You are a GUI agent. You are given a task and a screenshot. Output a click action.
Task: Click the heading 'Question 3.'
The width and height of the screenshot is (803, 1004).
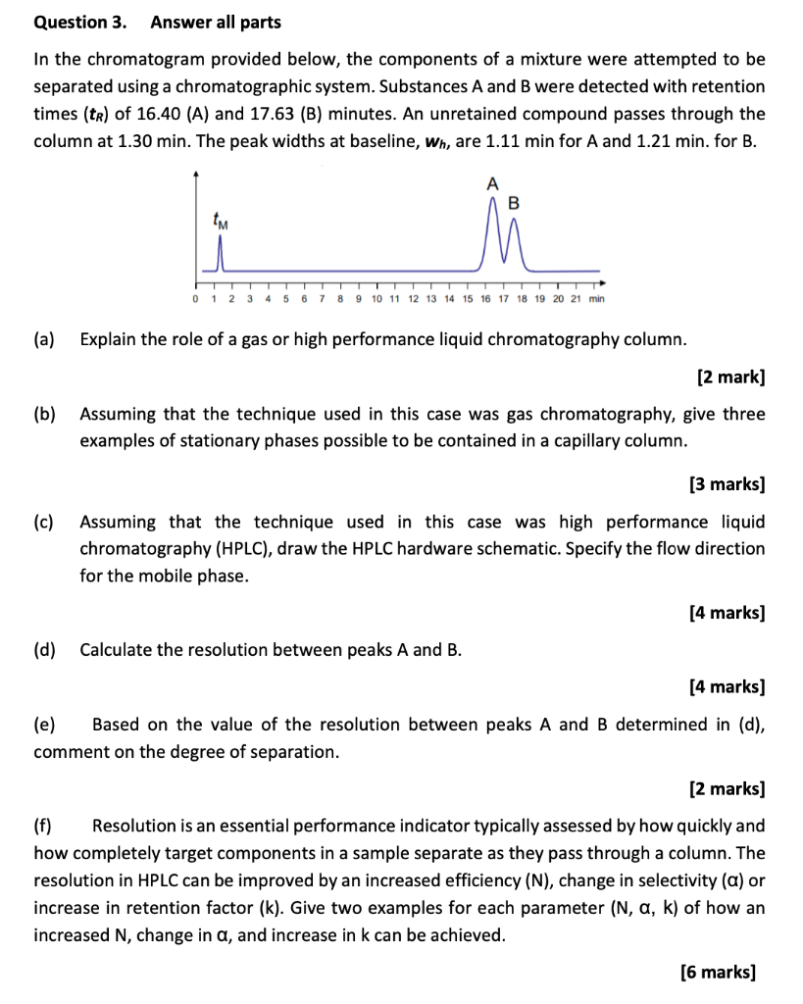tap(72, 22)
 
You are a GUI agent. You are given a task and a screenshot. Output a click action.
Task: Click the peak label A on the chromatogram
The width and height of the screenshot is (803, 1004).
tap(492, 183)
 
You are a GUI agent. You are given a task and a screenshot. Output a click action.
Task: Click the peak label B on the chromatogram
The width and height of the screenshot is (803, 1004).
tap(515, 204)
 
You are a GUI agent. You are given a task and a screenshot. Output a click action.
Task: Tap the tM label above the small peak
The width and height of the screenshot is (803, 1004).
tap(223, 223)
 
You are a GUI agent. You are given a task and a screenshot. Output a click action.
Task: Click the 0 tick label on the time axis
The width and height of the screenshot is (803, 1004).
tap(197, 298)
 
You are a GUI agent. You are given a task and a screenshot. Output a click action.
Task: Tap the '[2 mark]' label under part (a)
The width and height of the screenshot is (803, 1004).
tap(730, 376)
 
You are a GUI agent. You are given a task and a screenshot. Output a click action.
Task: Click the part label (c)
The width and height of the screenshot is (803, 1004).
tap(44, 522)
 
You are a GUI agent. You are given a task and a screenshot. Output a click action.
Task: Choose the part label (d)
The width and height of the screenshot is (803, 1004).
tap(44, 650)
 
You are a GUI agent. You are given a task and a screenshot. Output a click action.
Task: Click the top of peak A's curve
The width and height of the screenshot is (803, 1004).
tap(493, 198)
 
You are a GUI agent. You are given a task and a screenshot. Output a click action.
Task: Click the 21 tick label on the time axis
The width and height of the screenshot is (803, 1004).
tap(577, 298)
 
